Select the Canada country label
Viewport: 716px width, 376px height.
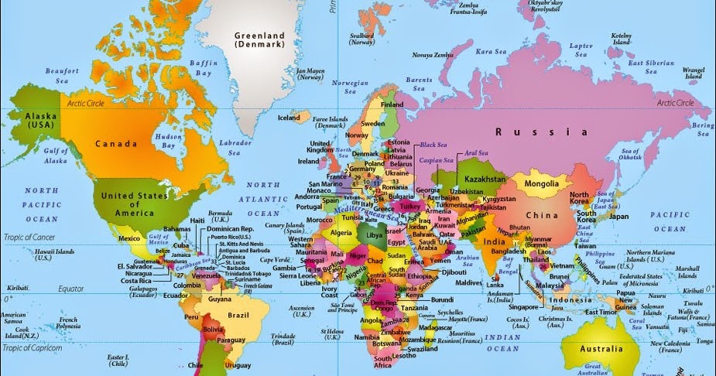[x=116, y=143]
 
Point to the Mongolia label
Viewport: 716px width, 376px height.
[x=541, y=183]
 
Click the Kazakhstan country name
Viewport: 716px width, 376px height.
[x=485, y=179]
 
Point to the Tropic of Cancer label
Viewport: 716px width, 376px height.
[x=30, y=235]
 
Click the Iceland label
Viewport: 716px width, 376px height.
[x=289, y=118]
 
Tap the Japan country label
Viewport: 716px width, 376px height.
[x=618, y=217]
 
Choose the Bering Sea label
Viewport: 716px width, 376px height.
[x=701, y=128]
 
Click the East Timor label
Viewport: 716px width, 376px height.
[x=601, y=312]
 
